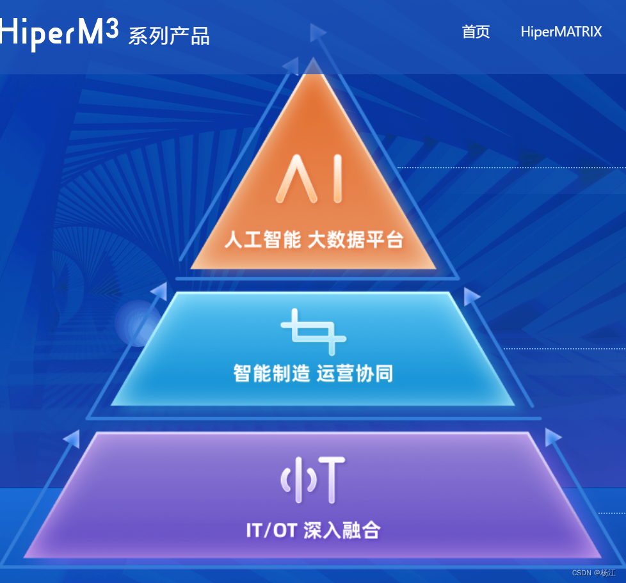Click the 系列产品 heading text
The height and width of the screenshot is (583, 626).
coord(169,36)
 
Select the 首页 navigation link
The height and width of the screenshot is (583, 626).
coord(476,32)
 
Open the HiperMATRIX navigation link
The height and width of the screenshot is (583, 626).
coord(561,32)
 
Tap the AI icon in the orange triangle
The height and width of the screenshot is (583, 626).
coord(310,179)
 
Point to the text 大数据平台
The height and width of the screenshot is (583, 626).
coord(355,240)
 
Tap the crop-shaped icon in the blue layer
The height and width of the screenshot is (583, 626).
coord(313,331)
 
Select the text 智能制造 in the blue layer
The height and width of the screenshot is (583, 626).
coord(272,373)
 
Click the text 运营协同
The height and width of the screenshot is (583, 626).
coord(355,373)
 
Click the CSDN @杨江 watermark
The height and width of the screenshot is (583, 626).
coord(593,573)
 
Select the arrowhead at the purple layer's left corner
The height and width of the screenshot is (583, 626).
coord(72,438)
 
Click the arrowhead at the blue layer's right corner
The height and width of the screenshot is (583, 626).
coord(472,296)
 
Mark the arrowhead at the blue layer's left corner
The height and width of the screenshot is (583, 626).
coord(159,291)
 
